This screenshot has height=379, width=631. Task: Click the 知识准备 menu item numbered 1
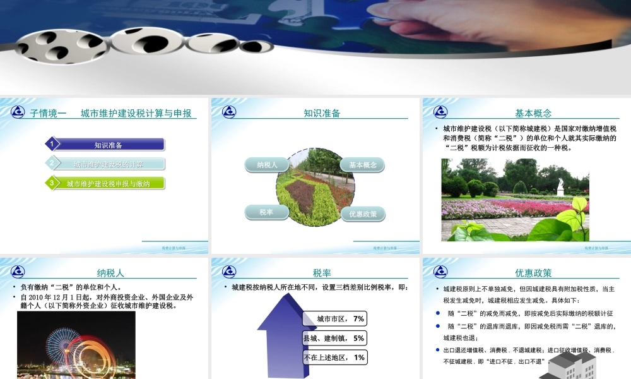[x=108, y=145]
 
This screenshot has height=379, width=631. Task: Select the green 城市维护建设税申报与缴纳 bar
[x=108, y=184]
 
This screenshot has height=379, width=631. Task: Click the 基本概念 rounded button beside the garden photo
[x=363, y=165]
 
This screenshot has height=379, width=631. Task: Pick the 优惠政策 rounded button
[x=363, y=214]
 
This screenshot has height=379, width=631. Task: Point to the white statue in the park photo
[x=560, y=187]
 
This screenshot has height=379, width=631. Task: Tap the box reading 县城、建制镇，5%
[x=334, y=338]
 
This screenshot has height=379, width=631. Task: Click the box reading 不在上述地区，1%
[x=334, y=358]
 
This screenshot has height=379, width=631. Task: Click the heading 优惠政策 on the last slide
[x=533, y=273]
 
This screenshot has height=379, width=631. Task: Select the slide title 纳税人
[x=110, y=273]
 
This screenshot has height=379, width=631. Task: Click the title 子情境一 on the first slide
[x=49, y=114]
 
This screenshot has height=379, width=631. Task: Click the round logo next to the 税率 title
[x=229, y=272]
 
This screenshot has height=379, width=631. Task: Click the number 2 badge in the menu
[x=52, y=164]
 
